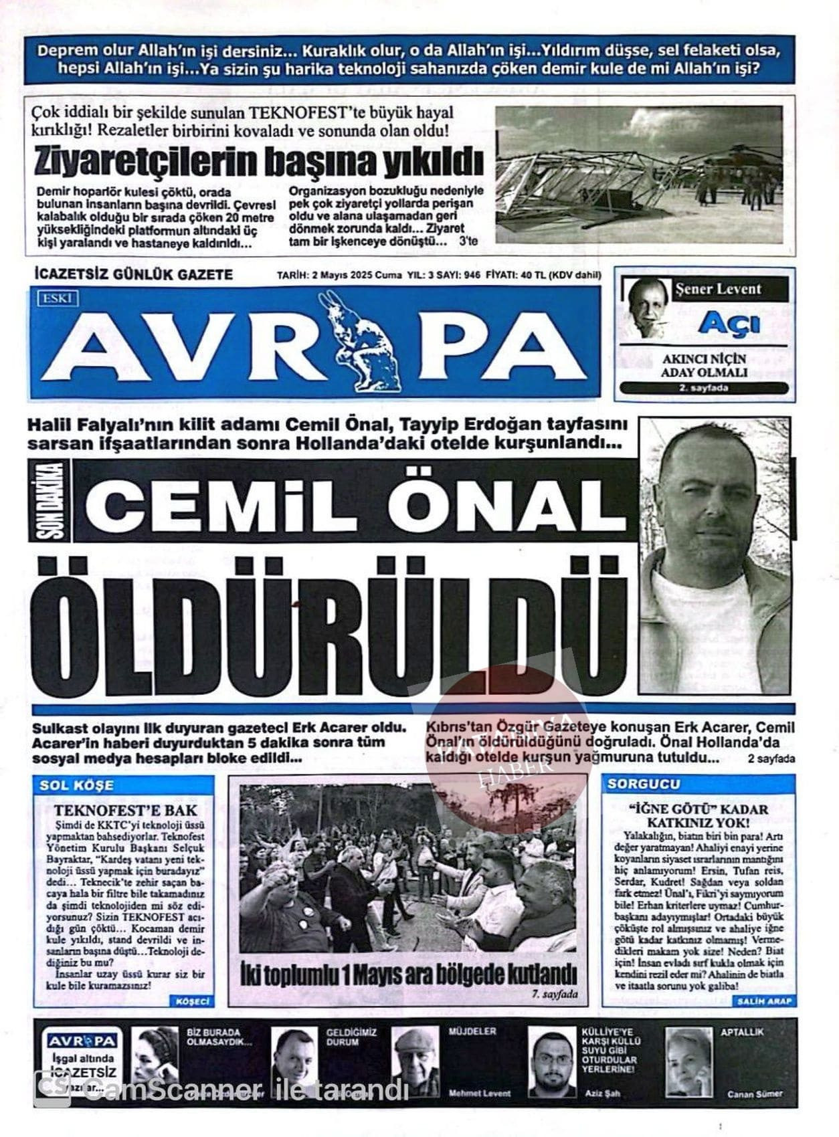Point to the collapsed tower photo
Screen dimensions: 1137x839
pos(638,174)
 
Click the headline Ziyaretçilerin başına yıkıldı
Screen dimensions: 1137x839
pos(259,161)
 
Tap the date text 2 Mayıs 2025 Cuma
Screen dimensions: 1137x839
pos(339,275)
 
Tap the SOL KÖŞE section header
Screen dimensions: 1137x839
pos(76,785)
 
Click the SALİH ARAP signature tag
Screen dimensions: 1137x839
pos(765,1001)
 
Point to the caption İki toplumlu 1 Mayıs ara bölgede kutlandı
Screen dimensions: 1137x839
pos(408,974)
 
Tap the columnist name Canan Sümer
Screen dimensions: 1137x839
pos(755,1094)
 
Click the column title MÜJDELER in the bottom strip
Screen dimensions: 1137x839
pos(472,1031)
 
